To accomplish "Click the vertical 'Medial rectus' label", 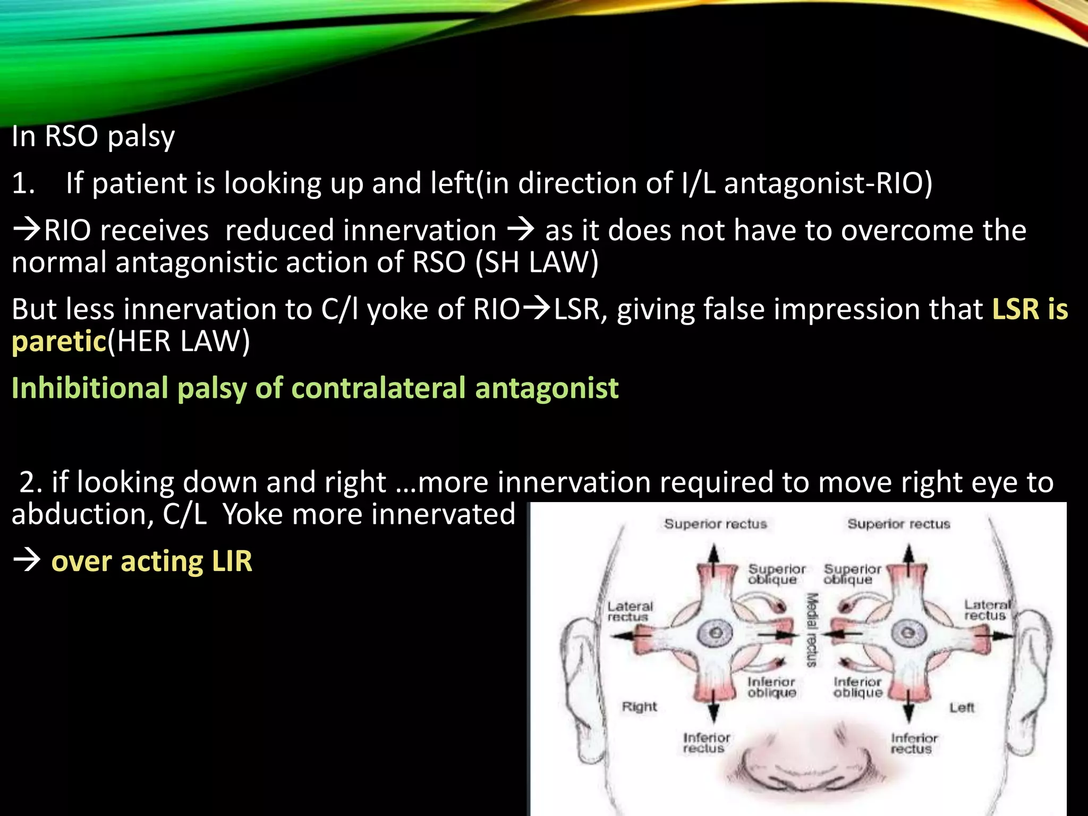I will tap(811, 630).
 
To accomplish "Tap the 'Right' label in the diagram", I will tap(639, 707).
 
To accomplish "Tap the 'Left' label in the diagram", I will tap(962, 708).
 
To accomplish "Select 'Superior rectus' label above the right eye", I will tap(715, 524).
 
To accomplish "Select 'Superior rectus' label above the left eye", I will tap(898, 524).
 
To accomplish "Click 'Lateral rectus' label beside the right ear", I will tap(630, 611).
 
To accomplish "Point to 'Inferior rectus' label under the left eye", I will tap(914, 743).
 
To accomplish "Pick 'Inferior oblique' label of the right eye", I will tap(771, 687).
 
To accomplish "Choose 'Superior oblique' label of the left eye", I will tap(852, 574).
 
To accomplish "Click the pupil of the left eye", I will tap(908, 633).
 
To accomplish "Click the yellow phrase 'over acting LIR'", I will tap(151, 561).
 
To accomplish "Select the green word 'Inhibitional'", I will tap(90, 387).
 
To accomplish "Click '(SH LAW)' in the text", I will tap(537, 262).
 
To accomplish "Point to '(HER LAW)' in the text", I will tap(178, 341).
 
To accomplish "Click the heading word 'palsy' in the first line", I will tap(141, 137).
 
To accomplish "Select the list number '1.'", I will tap(23, 183).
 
